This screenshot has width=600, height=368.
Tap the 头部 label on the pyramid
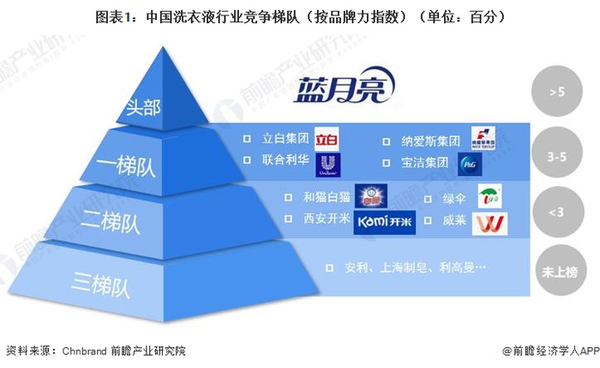pyautogui.click(x=143, y=109)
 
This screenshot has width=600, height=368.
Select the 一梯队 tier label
pyautogui.click(x=129, y=166)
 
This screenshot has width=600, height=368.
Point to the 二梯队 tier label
pyautogui.click(x=117, y=222)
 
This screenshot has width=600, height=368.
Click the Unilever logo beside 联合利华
pyautogui.click(x=327, y=164)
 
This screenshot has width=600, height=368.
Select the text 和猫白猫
pyautogui.click(x=325, y=196)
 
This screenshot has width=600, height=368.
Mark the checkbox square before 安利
pyautogui.click(x=329, y=268)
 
